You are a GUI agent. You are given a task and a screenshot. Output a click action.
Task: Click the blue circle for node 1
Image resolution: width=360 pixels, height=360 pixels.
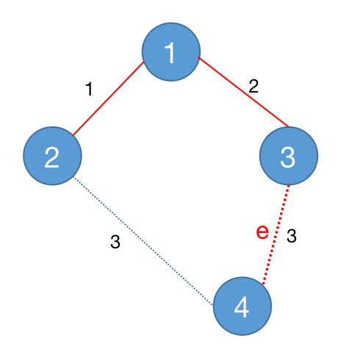171,51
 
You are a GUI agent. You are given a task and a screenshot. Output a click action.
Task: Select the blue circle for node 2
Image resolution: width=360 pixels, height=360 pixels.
52,156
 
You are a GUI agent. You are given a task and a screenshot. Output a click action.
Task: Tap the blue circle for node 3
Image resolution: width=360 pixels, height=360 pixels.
289,156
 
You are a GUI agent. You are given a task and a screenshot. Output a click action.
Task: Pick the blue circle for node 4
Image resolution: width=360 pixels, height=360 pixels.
242,306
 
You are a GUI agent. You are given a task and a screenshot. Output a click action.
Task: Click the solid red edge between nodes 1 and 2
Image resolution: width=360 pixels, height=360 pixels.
108,98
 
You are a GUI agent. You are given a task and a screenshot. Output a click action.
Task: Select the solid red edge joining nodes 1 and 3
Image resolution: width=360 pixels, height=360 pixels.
244,92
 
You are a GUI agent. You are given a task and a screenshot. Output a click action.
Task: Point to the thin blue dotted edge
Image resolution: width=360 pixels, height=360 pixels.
143,241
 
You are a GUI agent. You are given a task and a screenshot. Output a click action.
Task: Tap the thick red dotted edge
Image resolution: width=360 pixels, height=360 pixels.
276,234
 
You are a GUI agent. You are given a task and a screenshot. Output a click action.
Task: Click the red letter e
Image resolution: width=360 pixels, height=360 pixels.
262,231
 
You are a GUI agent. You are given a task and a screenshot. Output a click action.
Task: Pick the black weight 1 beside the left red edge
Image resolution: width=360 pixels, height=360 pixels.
90,89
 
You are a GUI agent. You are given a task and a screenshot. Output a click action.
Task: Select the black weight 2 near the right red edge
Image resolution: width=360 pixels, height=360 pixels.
253,86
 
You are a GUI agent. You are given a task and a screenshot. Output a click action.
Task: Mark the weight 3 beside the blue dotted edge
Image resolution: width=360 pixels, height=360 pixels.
115,242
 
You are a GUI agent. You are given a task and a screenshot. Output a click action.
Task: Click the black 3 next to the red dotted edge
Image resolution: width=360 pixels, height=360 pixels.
292,236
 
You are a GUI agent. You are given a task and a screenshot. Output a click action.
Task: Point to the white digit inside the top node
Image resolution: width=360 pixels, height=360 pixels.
170,53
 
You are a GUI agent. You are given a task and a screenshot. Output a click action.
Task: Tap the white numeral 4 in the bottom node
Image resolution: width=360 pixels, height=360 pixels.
242,307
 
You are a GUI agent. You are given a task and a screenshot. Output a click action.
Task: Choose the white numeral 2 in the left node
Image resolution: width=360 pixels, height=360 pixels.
51,157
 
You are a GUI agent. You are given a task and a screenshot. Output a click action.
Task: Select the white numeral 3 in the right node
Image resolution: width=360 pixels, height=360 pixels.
288,157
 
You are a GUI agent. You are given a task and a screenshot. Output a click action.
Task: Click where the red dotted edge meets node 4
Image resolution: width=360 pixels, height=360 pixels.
263,284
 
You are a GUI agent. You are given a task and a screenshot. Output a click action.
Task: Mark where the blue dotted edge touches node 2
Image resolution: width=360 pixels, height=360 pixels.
74,177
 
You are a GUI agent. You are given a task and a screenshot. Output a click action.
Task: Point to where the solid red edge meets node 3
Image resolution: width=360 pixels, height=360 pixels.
289,127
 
